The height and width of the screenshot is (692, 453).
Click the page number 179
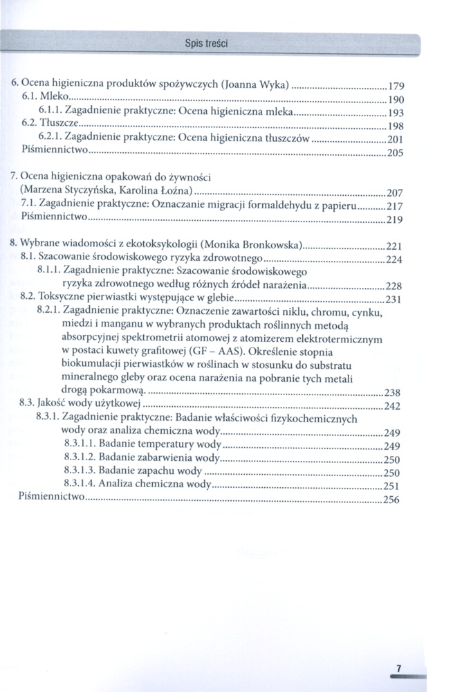[x=395, y=87]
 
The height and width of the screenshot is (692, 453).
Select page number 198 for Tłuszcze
[x=395, y=127]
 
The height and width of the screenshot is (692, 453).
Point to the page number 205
[x=395, y=153]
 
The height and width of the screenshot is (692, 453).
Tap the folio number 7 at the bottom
[x=398, y=668]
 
